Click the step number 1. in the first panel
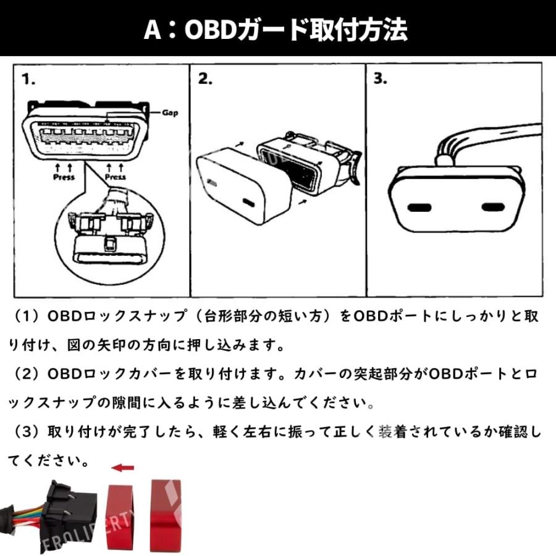click(x=28, y=80)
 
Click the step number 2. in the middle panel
click(x=205, y=80)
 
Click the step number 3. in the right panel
click(x=381, y=80)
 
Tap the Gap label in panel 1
click(x=170, y=113)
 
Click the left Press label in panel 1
click(x=64, y=177)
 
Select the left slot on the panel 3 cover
click(x=420, y=208)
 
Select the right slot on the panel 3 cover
click(x=494, y=208)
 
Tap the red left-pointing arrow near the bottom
click(x=123, y=468)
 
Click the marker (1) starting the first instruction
click(x=27, y=317)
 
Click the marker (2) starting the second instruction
click(x=27, y=374)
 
